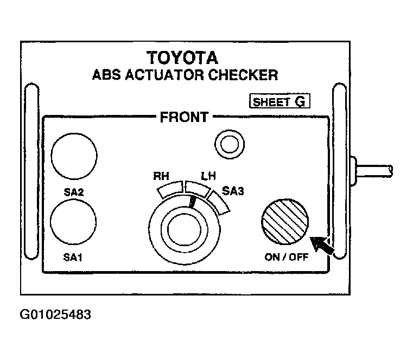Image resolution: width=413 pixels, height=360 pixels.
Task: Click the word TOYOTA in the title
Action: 182,57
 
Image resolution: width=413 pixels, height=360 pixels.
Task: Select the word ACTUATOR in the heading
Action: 164,75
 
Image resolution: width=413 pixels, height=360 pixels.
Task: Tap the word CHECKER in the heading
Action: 243,75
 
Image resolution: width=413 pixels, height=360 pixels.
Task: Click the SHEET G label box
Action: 279,101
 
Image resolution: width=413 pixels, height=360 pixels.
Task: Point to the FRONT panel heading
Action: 184,117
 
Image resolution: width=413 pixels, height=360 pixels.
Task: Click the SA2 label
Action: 74,192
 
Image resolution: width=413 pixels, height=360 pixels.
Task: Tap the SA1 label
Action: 73,257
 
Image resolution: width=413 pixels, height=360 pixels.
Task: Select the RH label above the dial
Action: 161,176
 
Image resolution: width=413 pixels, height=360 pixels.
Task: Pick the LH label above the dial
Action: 208,176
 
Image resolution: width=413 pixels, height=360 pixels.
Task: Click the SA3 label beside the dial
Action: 233,191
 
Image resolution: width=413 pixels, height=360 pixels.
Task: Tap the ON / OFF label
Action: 287,257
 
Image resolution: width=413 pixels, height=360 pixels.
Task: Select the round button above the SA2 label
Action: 74,156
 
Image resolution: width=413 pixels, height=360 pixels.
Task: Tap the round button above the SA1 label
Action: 73,222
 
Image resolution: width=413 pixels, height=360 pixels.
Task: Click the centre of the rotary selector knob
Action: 185,229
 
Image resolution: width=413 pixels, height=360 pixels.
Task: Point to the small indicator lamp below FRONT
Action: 230,144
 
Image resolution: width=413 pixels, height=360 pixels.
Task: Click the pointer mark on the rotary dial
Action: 192,202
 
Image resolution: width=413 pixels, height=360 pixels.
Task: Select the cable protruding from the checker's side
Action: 373,171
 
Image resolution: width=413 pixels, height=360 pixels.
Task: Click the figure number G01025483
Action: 55,314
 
